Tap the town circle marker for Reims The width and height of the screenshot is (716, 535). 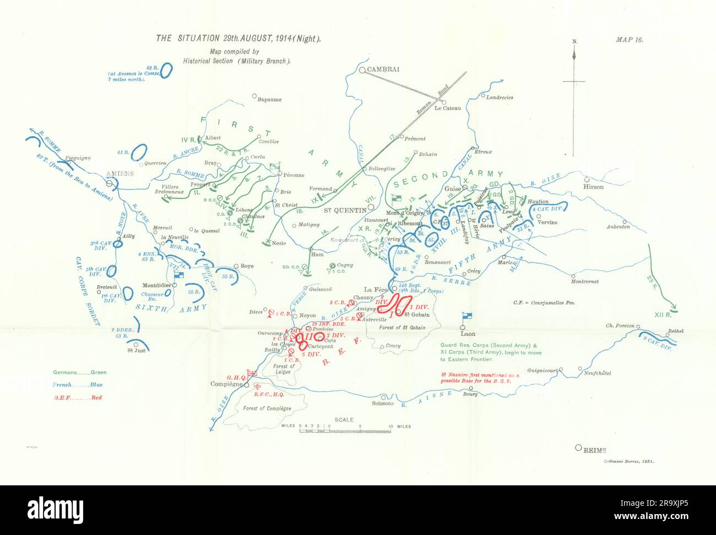point(578,448)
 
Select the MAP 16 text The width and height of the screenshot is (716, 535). point(630,40)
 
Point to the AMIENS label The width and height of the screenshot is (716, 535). point(120,173)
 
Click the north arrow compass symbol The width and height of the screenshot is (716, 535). point(574,83)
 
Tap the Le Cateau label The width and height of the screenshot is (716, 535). point(447,109)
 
